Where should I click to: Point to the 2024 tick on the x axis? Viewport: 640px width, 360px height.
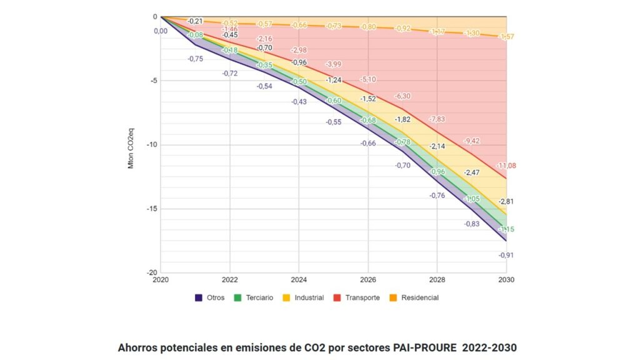point(299,280)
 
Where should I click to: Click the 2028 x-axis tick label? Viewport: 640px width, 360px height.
point(437,280)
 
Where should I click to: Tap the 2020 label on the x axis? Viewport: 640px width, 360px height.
point(161,280)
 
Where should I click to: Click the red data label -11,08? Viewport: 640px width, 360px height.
point(506,166)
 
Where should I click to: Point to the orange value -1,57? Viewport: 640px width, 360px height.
point(506,37)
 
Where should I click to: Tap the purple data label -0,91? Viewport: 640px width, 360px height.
point(506,255)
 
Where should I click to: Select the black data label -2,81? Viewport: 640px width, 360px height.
point(506,201)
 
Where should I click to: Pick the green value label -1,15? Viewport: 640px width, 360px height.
point(506,229)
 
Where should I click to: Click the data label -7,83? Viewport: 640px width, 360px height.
point(437,119)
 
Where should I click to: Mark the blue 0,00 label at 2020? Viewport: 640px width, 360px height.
point(161,31)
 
